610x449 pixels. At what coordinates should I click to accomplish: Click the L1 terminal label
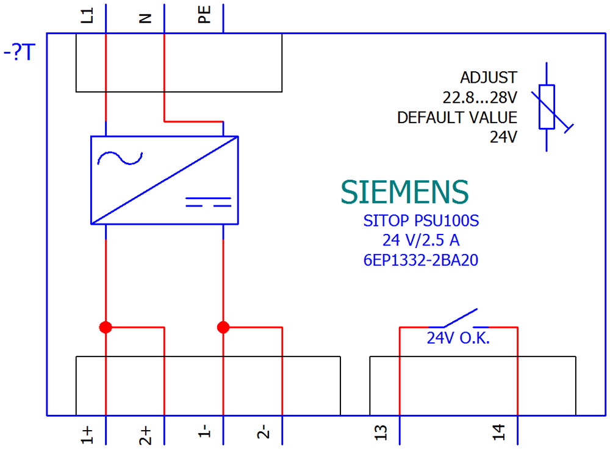(87, 16)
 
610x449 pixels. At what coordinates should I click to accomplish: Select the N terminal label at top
(145, 18)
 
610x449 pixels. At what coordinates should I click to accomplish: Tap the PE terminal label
(204, 15)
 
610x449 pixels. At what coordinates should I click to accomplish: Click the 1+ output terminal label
(87, 434)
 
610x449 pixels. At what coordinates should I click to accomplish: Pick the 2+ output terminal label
(146, 435)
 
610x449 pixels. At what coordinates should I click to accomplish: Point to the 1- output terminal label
(204, 431)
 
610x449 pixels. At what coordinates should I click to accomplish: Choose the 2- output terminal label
(264, 431)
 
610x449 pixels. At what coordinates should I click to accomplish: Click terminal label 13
(381, 433)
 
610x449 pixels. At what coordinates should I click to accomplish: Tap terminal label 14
(499, 433)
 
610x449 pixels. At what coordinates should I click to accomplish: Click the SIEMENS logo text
(404, 192)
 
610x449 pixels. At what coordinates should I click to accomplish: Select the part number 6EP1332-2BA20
(420, 260)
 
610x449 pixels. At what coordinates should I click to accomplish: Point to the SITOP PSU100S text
(421, 221)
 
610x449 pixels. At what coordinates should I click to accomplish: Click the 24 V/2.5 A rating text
(421, 241)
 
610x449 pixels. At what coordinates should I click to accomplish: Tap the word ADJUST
(489, 78)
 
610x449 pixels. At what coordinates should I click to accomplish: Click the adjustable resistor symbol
(547, 107)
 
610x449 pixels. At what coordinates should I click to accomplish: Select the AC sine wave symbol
(120, 158)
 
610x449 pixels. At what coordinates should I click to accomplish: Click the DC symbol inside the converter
(208, 202)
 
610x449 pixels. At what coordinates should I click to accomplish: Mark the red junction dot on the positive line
(106, 327)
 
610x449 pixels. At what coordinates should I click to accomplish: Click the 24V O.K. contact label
(458, 338)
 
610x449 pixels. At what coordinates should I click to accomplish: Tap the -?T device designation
(20, 52)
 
